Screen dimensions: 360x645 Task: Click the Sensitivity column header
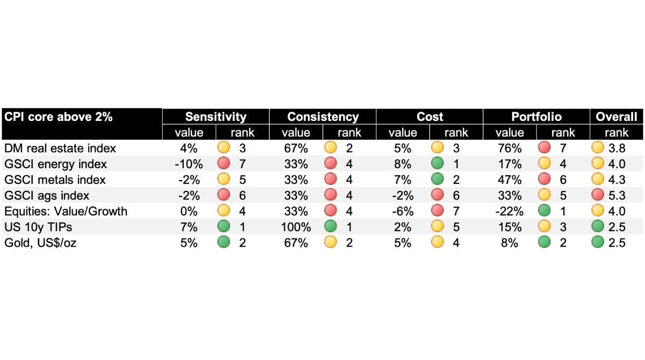tap(216, 117)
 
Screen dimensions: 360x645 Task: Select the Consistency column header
tap(322, 117)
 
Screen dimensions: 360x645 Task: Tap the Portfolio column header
tap(536, 117)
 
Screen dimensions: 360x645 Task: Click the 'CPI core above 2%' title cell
tap(59, 117)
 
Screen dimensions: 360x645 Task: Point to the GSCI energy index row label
tap(55, 164)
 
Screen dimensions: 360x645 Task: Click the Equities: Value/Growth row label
tap(66, 211)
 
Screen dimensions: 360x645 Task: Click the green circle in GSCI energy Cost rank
tap(438, 164)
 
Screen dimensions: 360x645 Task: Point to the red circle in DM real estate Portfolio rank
tap(544, 148)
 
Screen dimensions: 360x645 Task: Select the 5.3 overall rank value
tap(617, 196)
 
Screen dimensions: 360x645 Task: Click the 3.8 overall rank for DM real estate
tap(617, 148)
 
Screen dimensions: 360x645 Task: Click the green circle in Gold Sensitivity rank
tap(224, 242)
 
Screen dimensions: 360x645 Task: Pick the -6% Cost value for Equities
tap(403, 211)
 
